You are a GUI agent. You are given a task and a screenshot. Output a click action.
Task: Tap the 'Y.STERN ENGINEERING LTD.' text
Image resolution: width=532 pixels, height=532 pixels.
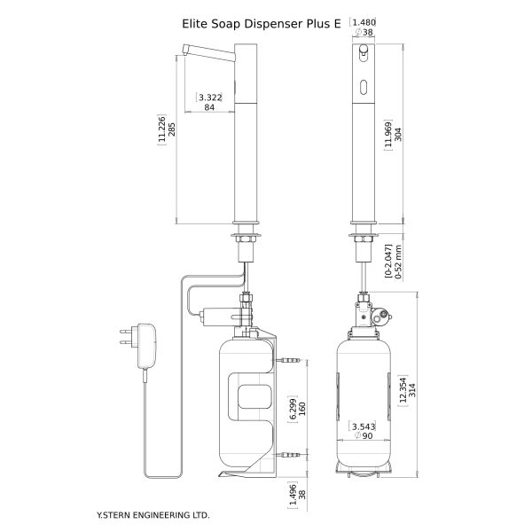coord(153,513)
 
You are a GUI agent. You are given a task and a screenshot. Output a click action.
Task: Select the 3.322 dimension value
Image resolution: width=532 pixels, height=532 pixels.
coord(210,96)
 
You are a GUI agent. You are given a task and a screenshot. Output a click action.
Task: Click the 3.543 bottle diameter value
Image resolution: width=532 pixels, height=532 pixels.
coord(362,428)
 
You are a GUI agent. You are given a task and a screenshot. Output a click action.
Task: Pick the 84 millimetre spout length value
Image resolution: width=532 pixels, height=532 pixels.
coord(210,107)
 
